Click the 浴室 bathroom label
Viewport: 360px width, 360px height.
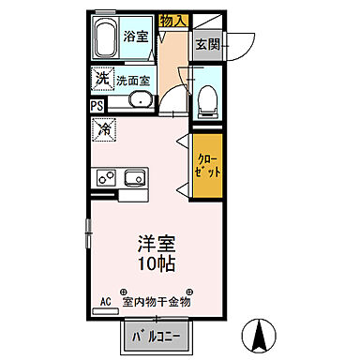[136, 37]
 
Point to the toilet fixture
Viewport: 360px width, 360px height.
[207, 99]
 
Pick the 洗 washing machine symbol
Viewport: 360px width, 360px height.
[101, 79]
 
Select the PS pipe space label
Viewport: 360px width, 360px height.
[97, 106]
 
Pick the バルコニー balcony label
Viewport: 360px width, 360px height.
[154, 335]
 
